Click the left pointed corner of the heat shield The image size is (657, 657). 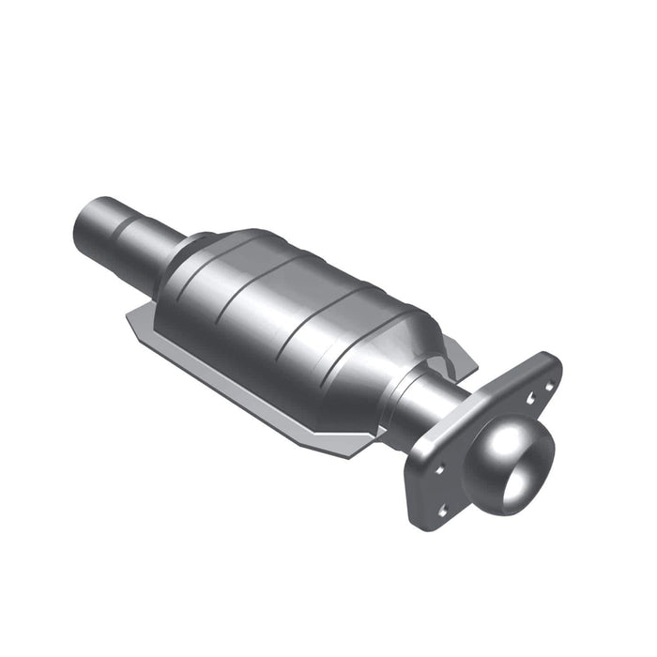(131, 322)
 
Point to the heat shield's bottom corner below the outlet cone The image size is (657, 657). (352, 451)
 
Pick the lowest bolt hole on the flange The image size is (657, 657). (442, 512)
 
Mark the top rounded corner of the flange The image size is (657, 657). (548, 362)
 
